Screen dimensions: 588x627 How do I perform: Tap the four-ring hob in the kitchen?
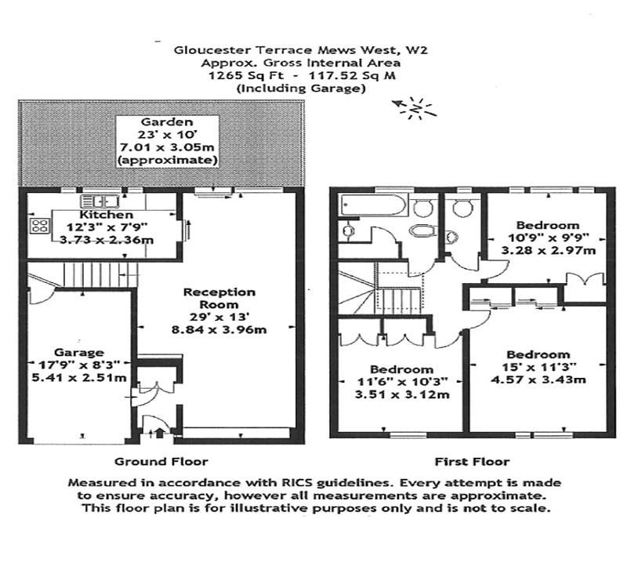[x=39, y=227]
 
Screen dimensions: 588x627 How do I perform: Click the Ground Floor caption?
[x=161, y=461]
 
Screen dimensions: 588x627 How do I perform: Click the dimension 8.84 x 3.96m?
[x=220, y=329]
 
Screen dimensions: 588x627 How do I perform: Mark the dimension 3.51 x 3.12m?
[x=401, y=394]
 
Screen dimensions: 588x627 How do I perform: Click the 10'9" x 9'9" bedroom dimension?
[x=543, y=239]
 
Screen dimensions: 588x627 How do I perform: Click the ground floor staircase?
[x=98, y=275]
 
